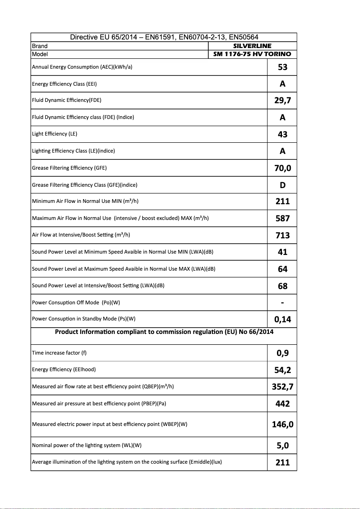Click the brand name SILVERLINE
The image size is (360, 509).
click(x=252, y=46)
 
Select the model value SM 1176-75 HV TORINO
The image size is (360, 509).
click(x=252, y=54)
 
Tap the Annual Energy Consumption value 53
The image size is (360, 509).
click(x=282, y=67)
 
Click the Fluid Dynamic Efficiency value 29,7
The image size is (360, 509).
click(x=282, y=101)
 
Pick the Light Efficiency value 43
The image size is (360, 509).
click(x=282, y=134)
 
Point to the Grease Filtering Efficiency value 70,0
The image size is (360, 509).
click(x=282, y=168)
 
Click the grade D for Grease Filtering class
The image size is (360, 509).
click(x=282, y=185)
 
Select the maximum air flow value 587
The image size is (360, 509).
click(x=282, y=219)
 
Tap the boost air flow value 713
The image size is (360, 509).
click(x=282, y=235)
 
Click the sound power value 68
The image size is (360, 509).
click(x=282, y=286)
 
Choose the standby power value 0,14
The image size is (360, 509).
click(x=282, y=319)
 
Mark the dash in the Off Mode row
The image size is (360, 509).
click(x=282, y=303)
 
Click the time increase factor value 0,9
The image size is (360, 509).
click(x=282, y=353)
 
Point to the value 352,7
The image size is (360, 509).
click(x=282, y=387)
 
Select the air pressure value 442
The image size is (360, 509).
click(x=282, y=404)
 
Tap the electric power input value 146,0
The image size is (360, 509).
click(x=282, y=424)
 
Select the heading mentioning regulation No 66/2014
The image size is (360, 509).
click(x=164, y=332)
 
